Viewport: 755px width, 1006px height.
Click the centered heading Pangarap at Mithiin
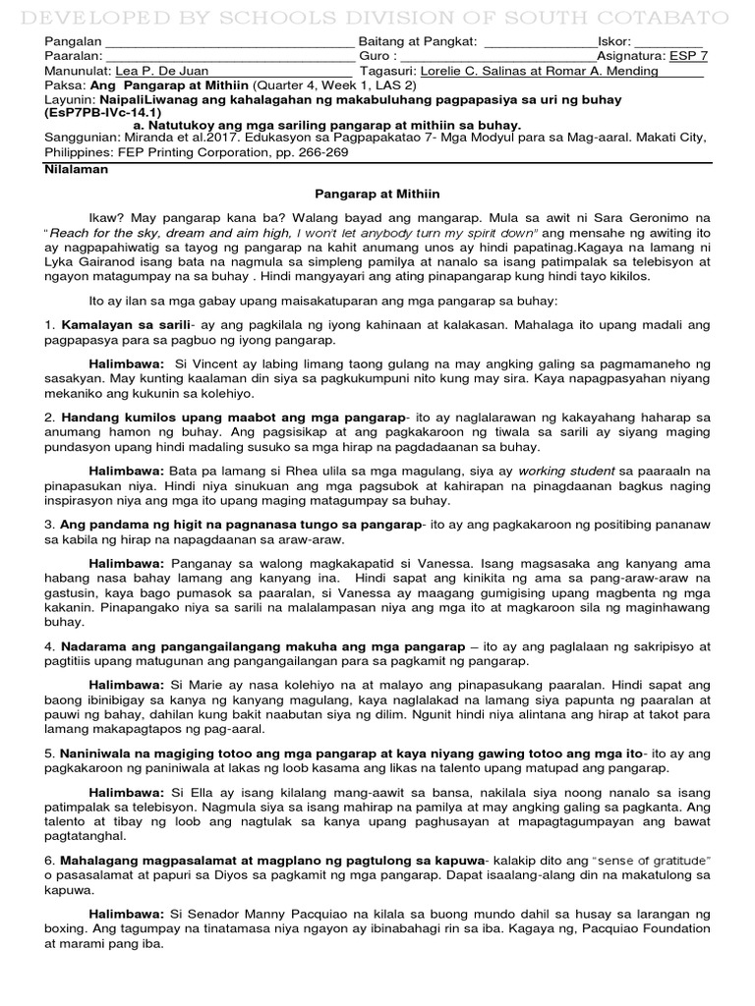coord(377,196)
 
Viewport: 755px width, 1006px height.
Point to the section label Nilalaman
coord(77,169)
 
